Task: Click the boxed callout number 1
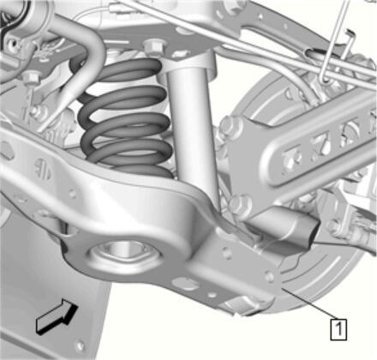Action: coord(338,329)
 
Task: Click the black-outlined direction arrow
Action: coord(57,315)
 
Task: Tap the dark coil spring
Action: coord(126,120)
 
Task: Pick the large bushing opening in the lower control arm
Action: coord(125,253)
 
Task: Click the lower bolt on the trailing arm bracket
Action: coord(241,204)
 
